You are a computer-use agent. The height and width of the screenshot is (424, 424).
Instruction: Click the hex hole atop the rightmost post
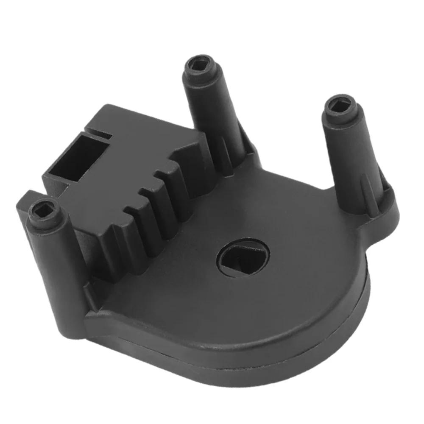click(x=342, y=103)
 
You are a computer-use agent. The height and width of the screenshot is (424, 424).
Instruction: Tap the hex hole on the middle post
click(x=198, y=64)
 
